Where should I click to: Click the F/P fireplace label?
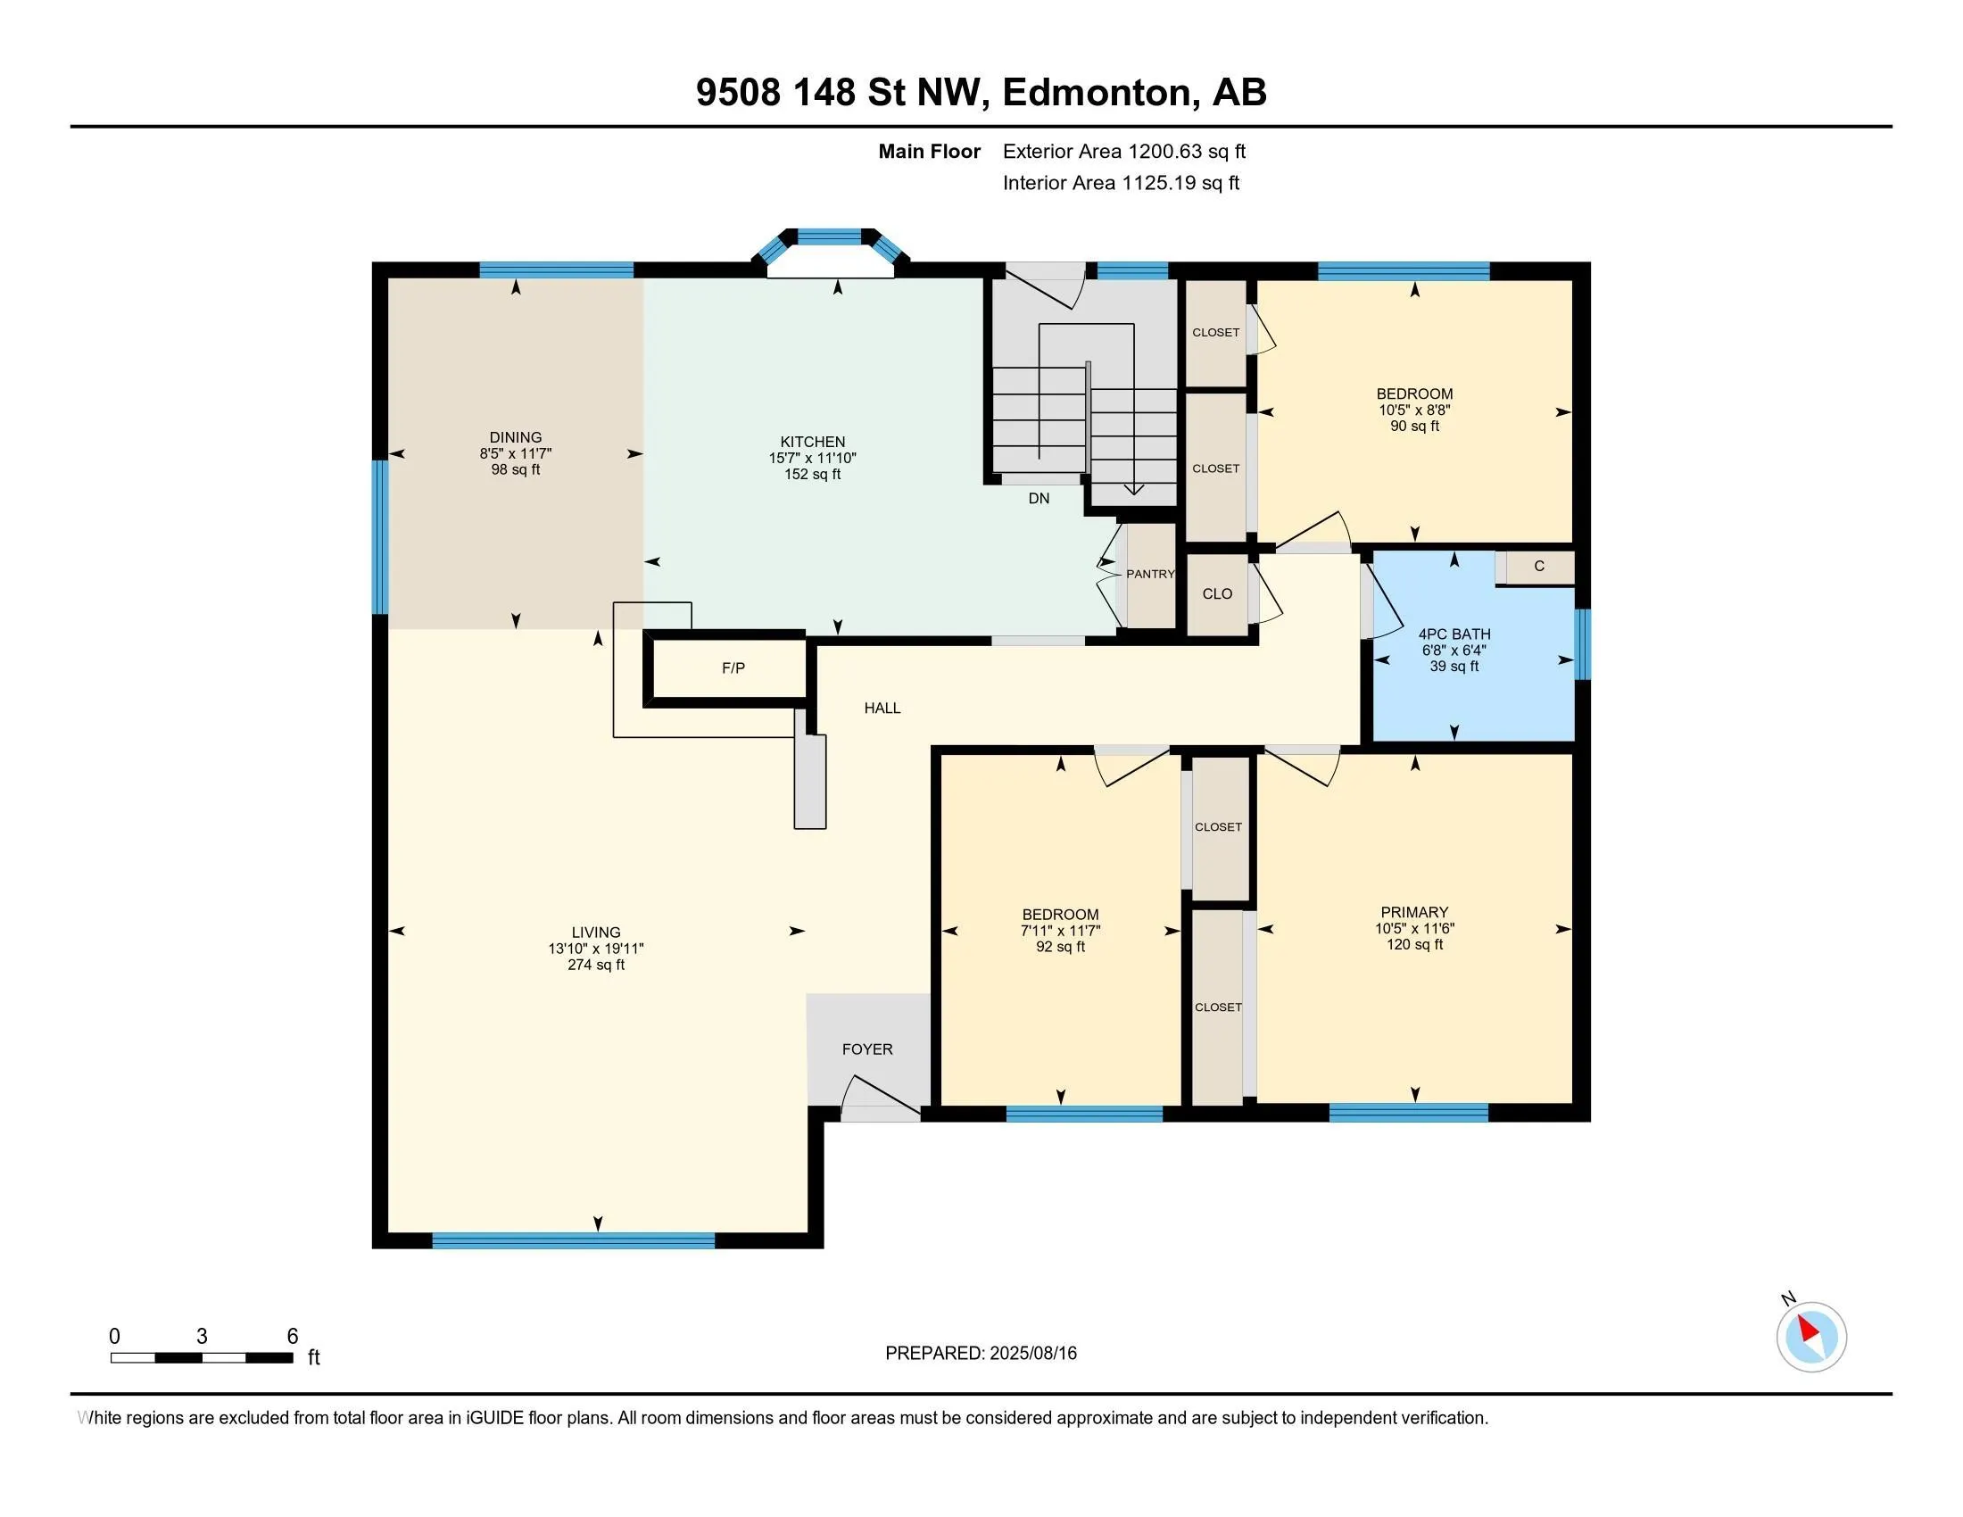coord(733,667)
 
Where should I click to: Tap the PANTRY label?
coord(1150,574)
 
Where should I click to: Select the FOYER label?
coord(867,1049)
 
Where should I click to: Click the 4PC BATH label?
coord(1454,634)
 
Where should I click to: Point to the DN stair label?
coord(1039,498)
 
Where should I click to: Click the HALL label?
coord(882,709)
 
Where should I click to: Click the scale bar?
coord(203,1357)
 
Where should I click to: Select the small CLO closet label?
coord(1218,593)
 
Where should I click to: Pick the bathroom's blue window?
coord(1583,644)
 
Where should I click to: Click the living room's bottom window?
coord(574,1241)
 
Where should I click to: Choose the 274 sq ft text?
coord(596,965)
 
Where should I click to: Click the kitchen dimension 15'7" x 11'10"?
coord(813,458)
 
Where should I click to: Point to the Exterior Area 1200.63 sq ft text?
coord(1124,151)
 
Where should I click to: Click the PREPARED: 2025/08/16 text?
coord(981,1353)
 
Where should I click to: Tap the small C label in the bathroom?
coord(1539,566)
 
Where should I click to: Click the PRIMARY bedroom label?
coord(1415,912)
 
